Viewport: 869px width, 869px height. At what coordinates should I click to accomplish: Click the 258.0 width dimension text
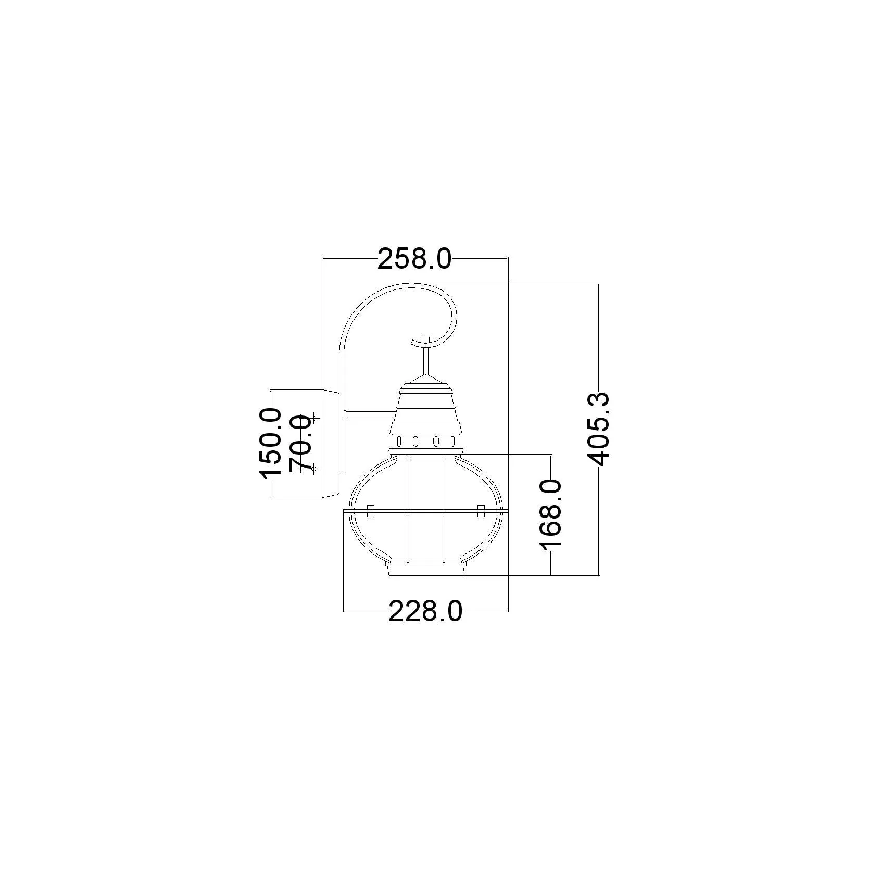coord(414,259)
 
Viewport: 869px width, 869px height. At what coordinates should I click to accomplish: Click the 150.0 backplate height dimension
coord(271,443)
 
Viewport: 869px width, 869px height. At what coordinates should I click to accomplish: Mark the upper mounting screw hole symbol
coord(314,418)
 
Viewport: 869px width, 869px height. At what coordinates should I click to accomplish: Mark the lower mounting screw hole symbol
coord(314,469)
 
